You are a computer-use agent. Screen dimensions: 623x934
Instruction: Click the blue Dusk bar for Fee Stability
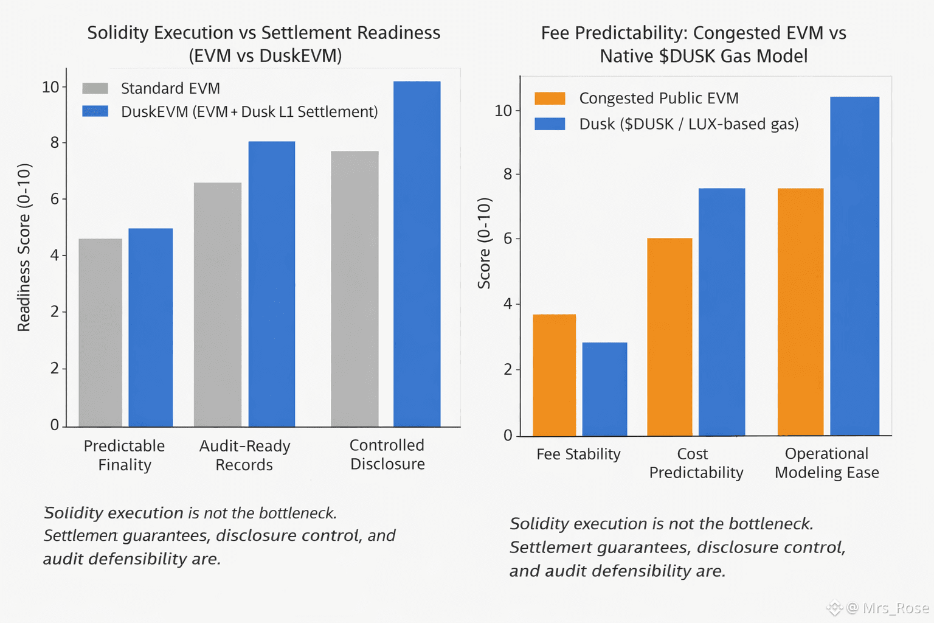(604, 389)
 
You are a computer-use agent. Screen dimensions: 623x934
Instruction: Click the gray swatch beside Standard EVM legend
(95, 88)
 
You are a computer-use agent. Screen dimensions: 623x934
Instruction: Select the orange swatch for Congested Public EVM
(550, 99)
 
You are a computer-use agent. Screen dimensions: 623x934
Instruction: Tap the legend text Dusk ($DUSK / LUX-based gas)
(688, 124)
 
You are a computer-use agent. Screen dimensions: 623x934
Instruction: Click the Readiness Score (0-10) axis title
(24, 247)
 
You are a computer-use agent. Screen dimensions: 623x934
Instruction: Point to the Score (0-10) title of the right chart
(484, 243)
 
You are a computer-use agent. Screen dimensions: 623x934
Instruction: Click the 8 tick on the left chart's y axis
(55, 143)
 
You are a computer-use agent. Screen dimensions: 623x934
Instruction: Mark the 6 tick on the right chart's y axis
(508, 238)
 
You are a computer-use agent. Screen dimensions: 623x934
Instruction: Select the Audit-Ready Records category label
(244, 455)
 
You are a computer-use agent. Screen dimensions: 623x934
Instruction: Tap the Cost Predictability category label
(696, 463)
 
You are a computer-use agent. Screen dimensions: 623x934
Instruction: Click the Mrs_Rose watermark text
(895, 608)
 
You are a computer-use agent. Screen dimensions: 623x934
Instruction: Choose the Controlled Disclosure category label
(387, 454)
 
